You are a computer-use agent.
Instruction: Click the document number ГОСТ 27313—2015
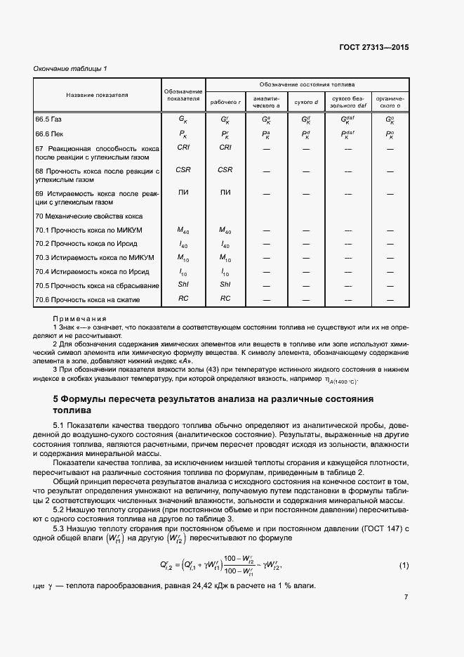(x=375, y=48)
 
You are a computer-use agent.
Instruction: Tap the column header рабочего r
(x=225, y=102)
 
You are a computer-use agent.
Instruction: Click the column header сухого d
(x=305, y=102)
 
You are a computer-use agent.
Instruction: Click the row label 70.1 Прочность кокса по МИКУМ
(x=88, y=230)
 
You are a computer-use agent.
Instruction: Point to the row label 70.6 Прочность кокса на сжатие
(x=88, y=299)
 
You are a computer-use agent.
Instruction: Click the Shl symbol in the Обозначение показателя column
(x=183, y=285)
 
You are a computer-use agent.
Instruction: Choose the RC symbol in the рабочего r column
(x=225, y=299)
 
